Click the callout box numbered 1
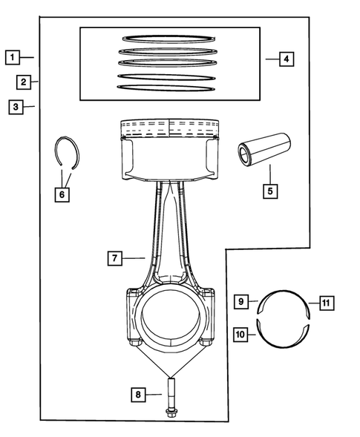click(x=13, y=56)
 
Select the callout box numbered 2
click(x=24, y=81)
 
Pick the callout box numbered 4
click(x=287, y=58)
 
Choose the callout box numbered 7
click(x=114, y=258)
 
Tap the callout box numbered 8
click(x=138, y=395)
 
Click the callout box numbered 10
click(x=240, y=335)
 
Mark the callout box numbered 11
click(x=327, y=302)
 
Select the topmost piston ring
click(x=170, y=39)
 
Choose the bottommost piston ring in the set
click(x=170, y=88)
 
